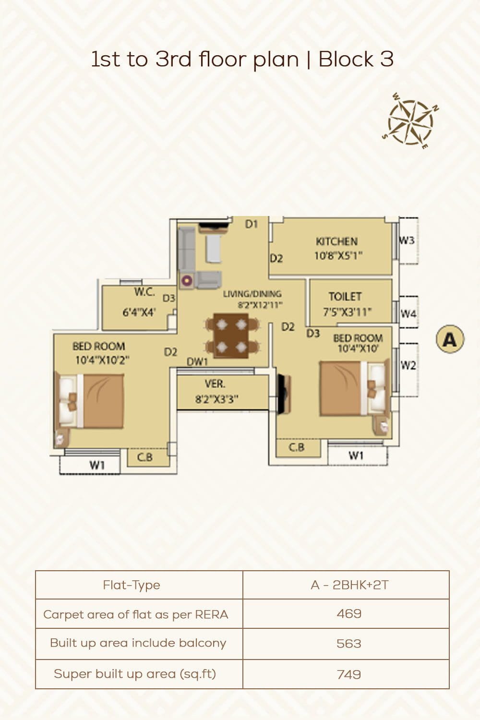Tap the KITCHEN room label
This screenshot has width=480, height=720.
[x=336, y=241]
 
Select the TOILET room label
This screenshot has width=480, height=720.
[x=345, y=297]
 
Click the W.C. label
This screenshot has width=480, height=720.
[x=144, y=292]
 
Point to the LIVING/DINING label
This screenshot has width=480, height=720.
[x=252, y=294]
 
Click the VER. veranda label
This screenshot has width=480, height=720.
[x=215, y=384]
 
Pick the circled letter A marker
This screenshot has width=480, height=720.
[x=450, y=339]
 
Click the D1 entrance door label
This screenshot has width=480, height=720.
[x=252, y=224]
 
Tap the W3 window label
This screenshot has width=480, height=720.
[x=407, y=240]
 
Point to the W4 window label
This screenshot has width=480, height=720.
[x=408, y=314]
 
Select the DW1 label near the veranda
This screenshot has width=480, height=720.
[x=197, y=362]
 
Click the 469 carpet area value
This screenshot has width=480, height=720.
[x=349, y=614]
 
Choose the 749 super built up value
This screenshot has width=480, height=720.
[x=349, y=674]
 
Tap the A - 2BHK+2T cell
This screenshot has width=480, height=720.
[x=349, y=585]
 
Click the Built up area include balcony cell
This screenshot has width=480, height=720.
[x=138, y=643]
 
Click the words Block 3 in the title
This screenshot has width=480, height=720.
[x=356, y=60]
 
